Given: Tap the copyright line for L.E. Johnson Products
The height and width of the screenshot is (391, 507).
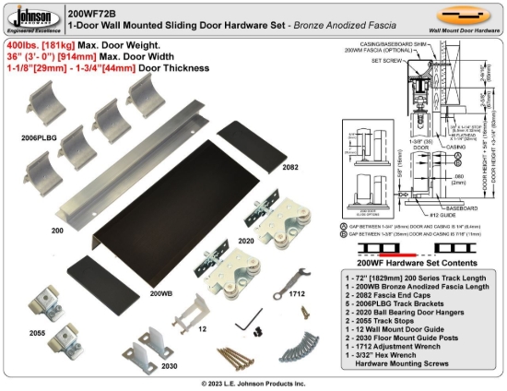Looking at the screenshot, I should click(x=254, y=383).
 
